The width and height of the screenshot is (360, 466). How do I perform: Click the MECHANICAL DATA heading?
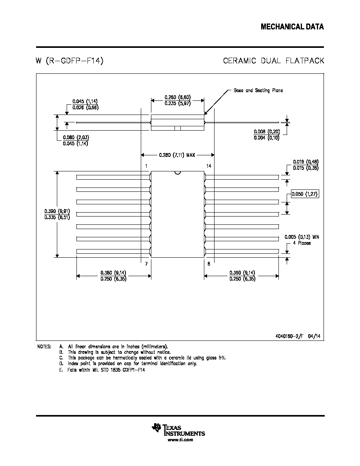point(292,27)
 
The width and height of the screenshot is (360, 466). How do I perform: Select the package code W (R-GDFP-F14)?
point(69,61)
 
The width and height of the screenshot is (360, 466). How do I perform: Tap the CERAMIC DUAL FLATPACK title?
point(274,61)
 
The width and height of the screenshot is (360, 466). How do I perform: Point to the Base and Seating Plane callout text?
point(258,90)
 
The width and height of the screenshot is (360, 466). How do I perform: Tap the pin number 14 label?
point(209,166)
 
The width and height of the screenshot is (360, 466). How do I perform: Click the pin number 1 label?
point(146,166)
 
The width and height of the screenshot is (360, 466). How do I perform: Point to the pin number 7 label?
point(146,264)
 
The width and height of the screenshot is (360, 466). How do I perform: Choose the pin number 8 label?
point(209,264)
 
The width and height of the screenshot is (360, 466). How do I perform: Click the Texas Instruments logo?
point(178,430)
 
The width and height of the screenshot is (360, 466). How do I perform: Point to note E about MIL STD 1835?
point(102,370)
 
